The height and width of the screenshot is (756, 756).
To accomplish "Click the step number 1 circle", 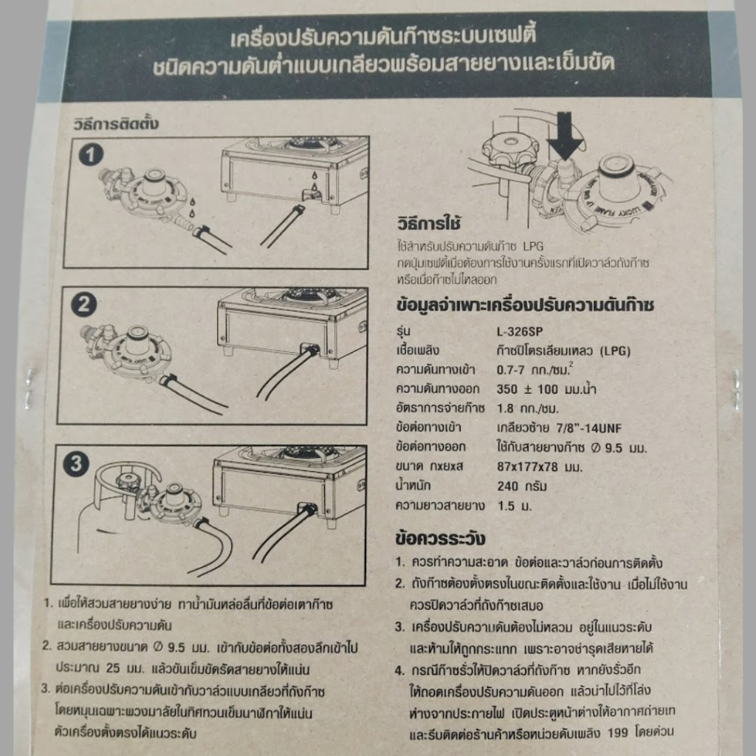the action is tap(91, 155).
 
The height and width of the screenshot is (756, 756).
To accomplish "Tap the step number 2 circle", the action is tap(84, 305).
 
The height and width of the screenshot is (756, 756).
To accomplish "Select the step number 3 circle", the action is tap(76, 464).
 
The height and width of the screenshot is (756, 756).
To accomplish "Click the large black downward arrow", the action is tap(565, 136).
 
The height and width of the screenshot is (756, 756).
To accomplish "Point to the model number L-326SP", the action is tap(519, 331).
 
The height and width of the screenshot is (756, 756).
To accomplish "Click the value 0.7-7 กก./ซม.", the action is tap(535, 369).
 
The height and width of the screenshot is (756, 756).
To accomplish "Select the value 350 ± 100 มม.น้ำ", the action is tap(546, 388).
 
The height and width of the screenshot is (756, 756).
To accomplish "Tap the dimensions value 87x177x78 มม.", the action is tap(540, 467).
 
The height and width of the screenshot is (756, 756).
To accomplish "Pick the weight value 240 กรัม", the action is tap(522, 486).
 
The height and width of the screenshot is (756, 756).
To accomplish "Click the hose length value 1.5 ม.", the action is tap(514, 506).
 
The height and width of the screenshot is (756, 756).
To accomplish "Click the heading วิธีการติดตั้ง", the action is tap(116, 124).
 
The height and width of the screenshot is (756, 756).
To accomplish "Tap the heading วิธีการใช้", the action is tap(429, 224).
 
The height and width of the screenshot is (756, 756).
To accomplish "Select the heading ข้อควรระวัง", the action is tap(440, 538).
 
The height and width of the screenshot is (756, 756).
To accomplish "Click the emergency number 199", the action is tap(618, 733).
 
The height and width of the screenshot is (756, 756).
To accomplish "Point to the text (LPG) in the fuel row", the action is tap(615, 351).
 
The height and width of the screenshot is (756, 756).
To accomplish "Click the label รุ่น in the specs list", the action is tap(403, 331).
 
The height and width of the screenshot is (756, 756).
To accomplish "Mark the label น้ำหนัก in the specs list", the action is tap(413, 485).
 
